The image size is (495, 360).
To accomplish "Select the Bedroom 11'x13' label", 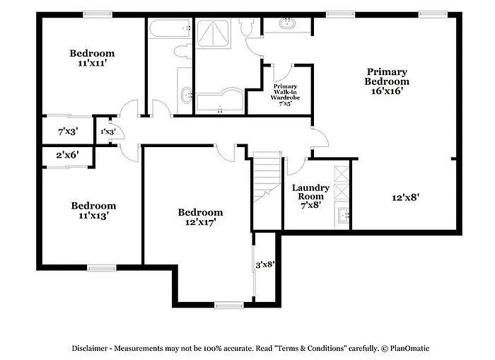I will (93, 211).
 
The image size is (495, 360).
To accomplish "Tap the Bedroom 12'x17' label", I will (200, 217).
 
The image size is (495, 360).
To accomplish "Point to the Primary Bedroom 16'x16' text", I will (387, 81).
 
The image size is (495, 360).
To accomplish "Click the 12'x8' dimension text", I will (407, 198).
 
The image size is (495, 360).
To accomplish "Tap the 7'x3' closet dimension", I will (68, 132).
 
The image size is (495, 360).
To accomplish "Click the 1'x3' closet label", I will (107, 132).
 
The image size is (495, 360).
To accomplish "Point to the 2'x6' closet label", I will (68, 155).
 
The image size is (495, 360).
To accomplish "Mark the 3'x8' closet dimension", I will (264, 265).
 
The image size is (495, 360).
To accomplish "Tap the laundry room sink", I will (342, 216).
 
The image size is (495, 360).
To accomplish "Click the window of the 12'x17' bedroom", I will (228, 305).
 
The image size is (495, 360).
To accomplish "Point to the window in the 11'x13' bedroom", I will (101, 267).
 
